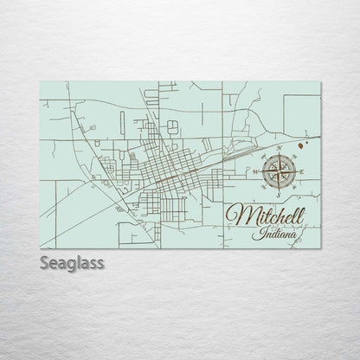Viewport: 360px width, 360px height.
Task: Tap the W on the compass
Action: pos(255,172)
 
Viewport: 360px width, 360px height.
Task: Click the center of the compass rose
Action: pos(279,172)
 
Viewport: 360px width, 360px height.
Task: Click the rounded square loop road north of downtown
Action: pos(172,125)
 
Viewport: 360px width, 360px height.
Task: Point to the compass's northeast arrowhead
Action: pos(291,160)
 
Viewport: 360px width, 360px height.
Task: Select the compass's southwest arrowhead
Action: pos(267,183)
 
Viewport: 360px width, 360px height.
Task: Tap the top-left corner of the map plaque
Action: pos(40,82)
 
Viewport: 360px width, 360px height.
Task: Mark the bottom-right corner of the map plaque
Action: pos(320,248)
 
